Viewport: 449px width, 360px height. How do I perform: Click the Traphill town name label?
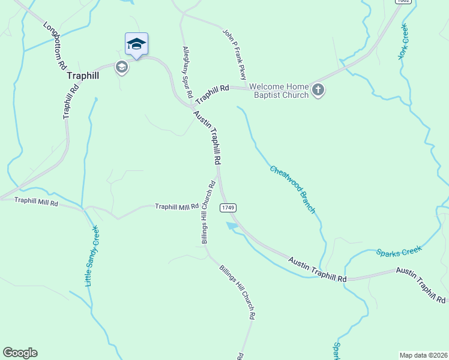[83, 76]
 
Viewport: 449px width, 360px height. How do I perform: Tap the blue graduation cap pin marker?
[137, 44]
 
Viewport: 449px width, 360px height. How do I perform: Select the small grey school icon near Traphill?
[122, 67]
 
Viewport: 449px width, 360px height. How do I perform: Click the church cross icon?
[318, 91]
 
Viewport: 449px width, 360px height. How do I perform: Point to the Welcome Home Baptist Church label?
[279, 91]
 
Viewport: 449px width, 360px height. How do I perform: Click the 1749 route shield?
[228, 208]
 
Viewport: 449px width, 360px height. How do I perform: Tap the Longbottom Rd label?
[55, 47]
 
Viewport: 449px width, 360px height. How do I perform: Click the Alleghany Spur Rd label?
[187, 72]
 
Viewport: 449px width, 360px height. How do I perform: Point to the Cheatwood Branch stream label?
[292, 188]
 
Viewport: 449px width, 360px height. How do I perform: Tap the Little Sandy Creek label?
[92, 256]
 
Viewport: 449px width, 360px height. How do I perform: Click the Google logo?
[20, 353]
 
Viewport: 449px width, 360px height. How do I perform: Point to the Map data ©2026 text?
[423, 355]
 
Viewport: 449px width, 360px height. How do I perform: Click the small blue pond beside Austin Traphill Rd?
[231, 226]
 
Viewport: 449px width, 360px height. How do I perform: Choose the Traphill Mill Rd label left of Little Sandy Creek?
[36, 202]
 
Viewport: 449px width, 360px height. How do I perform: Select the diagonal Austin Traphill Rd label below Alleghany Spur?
[208, 137]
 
